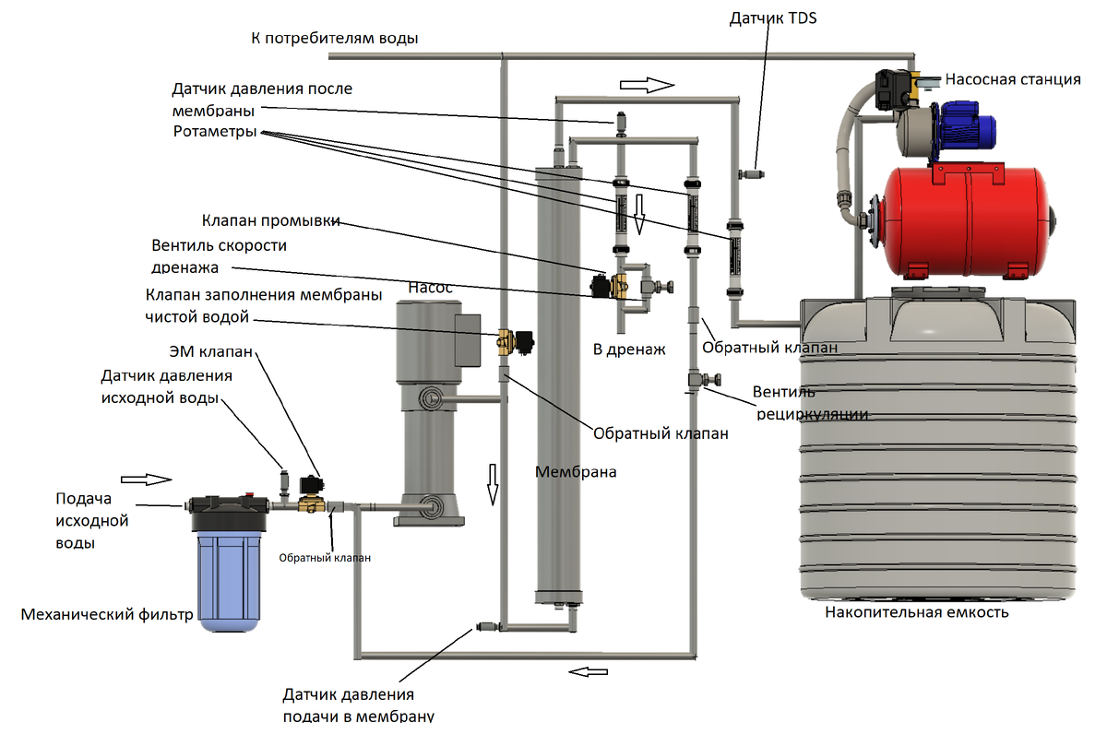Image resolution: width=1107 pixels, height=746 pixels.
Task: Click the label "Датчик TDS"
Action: point(774,18)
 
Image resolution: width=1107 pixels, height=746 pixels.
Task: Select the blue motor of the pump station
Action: point(968,125)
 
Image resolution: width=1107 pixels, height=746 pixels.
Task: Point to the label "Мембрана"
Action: point(576,471)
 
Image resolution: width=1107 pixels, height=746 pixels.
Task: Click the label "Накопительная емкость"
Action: point(917,611)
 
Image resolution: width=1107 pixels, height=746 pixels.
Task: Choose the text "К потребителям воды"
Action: point(335,39)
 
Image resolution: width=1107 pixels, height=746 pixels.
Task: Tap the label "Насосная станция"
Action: point(1014,80)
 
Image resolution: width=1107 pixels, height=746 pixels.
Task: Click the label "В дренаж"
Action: point(628,350)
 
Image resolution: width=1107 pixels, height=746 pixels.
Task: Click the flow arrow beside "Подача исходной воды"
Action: point(147,479)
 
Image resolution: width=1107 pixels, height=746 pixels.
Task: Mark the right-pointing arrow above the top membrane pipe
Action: point(647,85)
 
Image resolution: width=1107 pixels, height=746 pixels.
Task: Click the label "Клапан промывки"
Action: point(271,221)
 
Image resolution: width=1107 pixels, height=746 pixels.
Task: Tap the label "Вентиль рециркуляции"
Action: point(809,402)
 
